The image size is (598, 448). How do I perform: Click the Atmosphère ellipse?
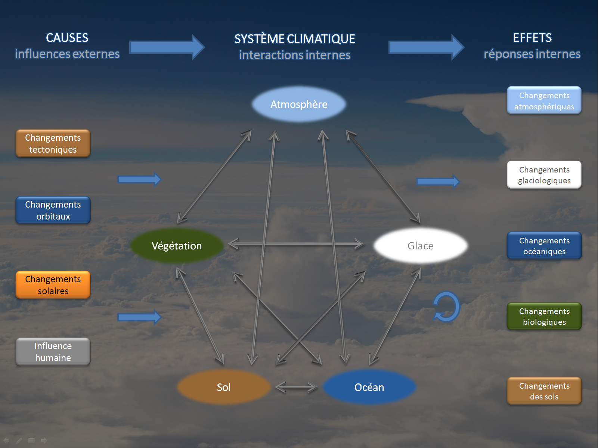click(x=299, y=104)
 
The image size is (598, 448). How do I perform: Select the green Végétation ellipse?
click(x=177, y=246)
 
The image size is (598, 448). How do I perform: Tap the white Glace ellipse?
click(x=421, y=246)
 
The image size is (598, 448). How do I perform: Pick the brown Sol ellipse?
click(x=224, y=387)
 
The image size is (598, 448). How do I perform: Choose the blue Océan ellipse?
click(x=369, y=387)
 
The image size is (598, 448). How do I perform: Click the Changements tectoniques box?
click(x=53, y=143)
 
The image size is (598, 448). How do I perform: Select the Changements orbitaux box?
click(x=53, y=210)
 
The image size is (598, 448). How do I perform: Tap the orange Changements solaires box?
click(x=53, y=285)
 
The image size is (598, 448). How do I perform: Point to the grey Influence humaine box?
click(x=53, y=352)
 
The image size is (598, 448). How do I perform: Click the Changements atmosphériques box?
click(x=544, y=101)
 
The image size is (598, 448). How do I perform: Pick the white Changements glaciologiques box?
click(x=544, y=175)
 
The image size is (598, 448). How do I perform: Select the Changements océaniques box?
click(x=544, y=246)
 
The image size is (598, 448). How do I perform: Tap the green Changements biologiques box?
click(x=544, y=317)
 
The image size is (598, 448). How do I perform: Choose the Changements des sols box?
click(x=544, y=391)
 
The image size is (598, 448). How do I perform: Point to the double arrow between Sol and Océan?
click(x=296, y=387)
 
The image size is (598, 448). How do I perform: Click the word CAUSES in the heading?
click(x=67, y=38)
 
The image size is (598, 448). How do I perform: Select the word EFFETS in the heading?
click(x=532, y=38)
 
